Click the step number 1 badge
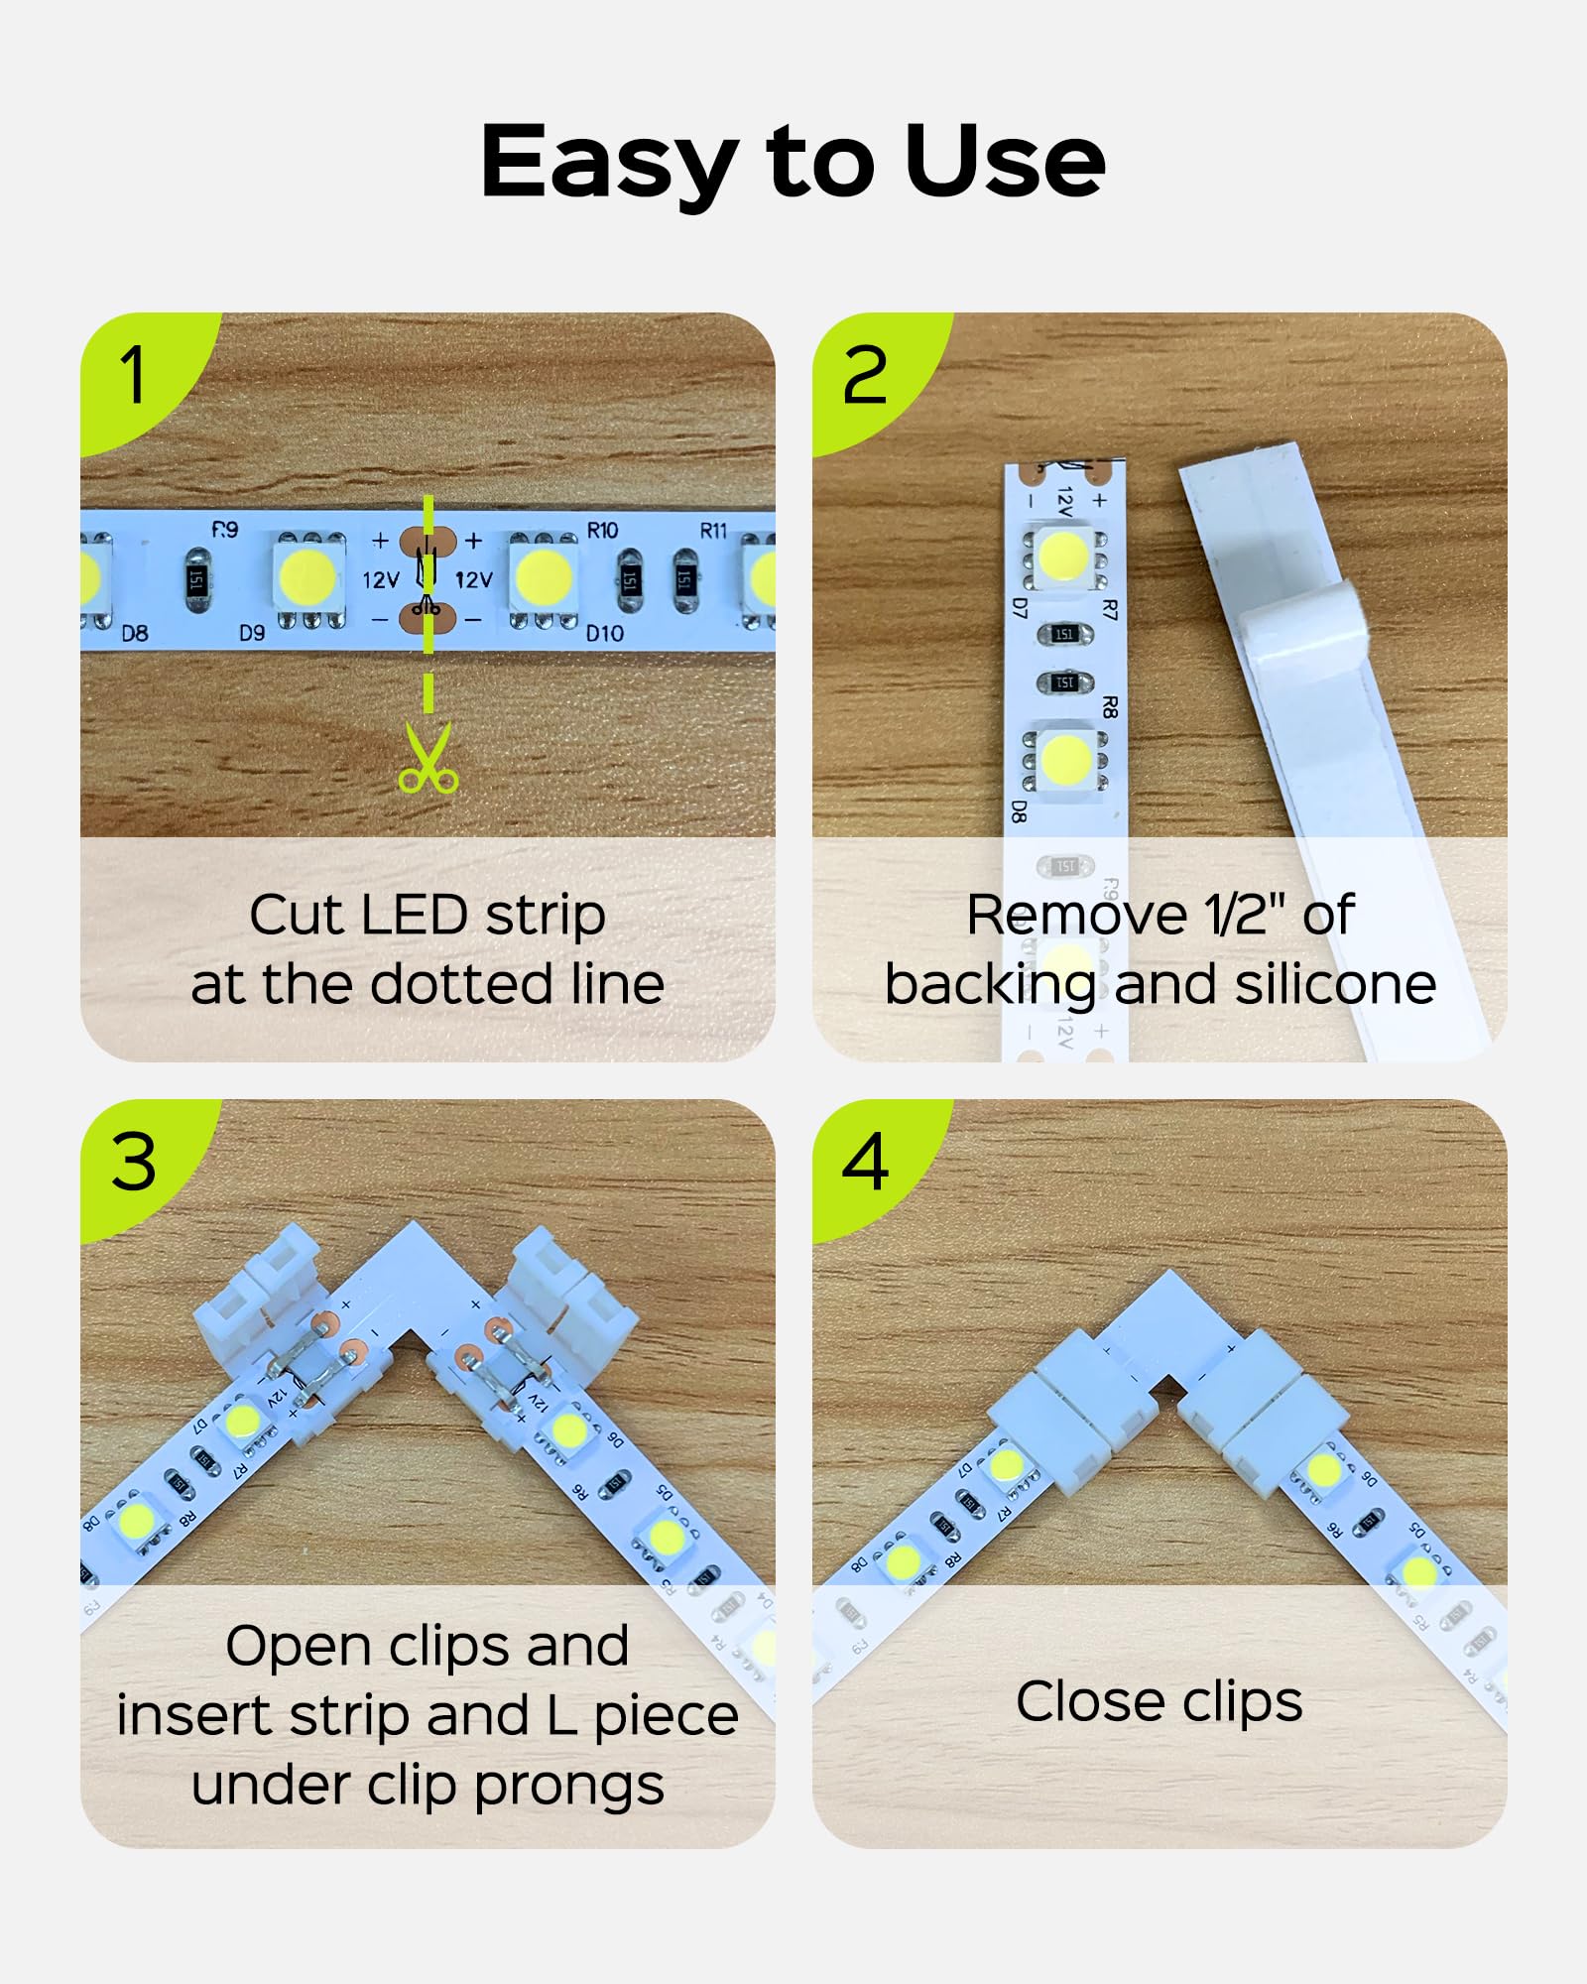(134, 375)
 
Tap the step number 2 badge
(864, 375)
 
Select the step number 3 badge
(134, 1162)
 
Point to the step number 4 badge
(864, 1162)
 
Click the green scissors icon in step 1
(427, 759)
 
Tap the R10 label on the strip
(602, 531)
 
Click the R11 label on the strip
(713, 531)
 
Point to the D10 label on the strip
(604, 633)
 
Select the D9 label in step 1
(252, 633)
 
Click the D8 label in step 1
(135, 633)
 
